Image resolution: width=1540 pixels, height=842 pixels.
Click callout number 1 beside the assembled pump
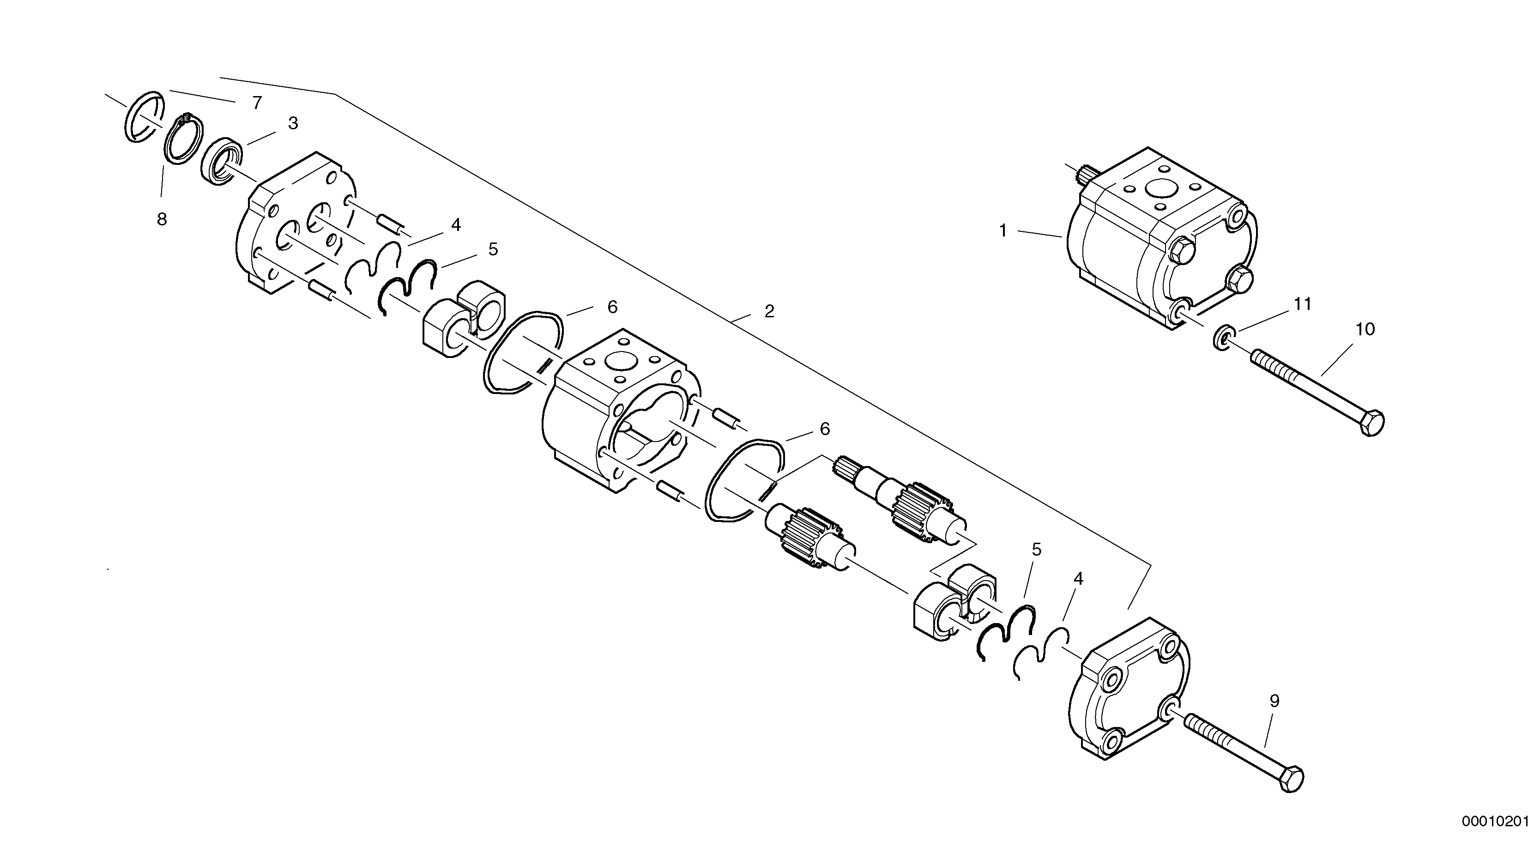click(1003, 230)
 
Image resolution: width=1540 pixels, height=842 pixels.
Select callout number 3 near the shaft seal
click(293, 123)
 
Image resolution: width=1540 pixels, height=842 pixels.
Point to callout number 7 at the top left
click(257, 103)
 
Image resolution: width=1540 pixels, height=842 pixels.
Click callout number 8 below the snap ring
click(162, 219)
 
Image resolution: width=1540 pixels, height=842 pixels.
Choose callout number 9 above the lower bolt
click(1274, 701)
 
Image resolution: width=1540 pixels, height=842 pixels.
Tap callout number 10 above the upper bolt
click(1365, 329)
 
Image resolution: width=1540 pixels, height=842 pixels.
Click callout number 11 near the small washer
click(1303, 304)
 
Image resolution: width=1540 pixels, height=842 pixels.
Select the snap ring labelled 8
click(183, 138)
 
